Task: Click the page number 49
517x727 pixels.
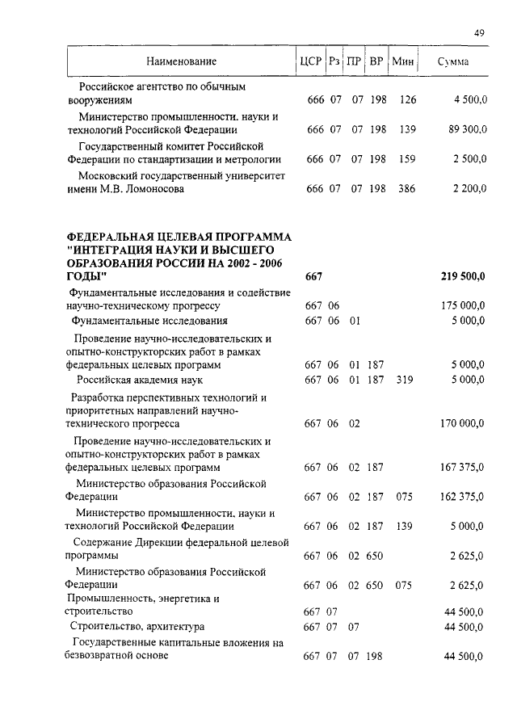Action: (479, 33)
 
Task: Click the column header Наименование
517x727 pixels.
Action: (182, 62)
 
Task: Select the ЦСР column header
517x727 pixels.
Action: (311, 62)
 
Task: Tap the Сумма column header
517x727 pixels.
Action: (453, 62)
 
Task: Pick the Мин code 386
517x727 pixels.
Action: (407, 189)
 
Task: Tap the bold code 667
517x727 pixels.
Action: (313, 277)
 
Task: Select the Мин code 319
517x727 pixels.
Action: (404, 380)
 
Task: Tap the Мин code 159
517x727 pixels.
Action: (407, 159)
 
